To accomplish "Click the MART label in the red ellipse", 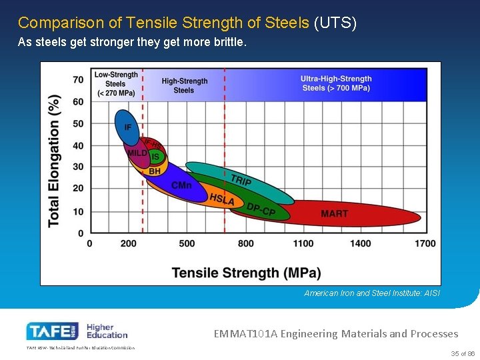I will click(x=334, y=214).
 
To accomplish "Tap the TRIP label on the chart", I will click(x=241, y=180).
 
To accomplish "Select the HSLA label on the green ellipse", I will click(x=222, y=199).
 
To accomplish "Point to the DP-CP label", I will click(x=261, y=209).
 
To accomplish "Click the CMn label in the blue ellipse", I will click(x=181, y=185).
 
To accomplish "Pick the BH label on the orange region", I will click(x=155, y=171).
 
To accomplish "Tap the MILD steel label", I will click(x=137, y=153).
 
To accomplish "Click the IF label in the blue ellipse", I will click(x=127, y=127).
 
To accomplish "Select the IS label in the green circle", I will click(x=155, y=157).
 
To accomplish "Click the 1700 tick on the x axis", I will click(x=425, y=243).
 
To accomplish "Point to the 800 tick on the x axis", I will click(x=245, y=243).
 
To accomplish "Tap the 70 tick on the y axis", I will click(x=78, y=80).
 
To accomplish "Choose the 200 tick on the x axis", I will click(x=129, y=243).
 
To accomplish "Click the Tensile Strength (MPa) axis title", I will click(x=246, y=273).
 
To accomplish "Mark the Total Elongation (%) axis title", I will click(x=55, y=160).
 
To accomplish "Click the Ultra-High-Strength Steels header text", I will click(x=336, y=83).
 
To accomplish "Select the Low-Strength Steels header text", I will click(x=115, y=84).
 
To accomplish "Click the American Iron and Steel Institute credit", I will click(x=372, y=293).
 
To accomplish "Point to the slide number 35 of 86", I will click(x=461, y=353).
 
